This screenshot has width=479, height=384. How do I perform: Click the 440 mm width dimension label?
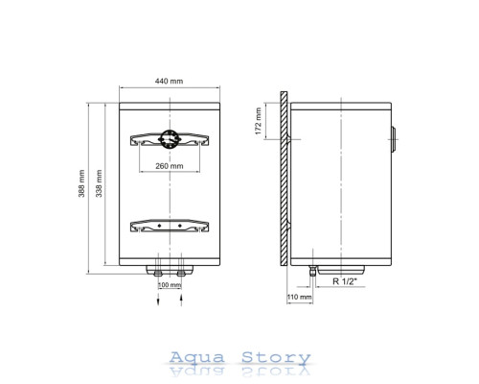point(169,82)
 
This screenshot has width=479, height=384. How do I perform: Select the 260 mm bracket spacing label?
point(170,166)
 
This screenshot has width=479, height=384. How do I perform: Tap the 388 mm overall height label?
point(81,183)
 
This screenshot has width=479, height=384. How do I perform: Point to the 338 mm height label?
point(99,183)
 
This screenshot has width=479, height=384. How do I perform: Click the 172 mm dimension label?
point(259,121)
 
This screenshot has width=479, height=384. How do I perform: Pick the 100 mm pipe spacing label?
point(170,285)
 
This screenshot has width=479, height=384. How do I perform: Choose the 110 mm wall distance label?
point(299,297)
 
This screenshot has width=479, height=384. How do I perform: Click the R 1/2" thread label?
point(345,281)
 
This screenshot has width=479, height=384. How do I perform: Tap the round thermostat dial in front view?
point(170,139)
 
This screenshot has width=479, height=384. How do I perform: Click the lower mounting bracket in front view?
point(170,226)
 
